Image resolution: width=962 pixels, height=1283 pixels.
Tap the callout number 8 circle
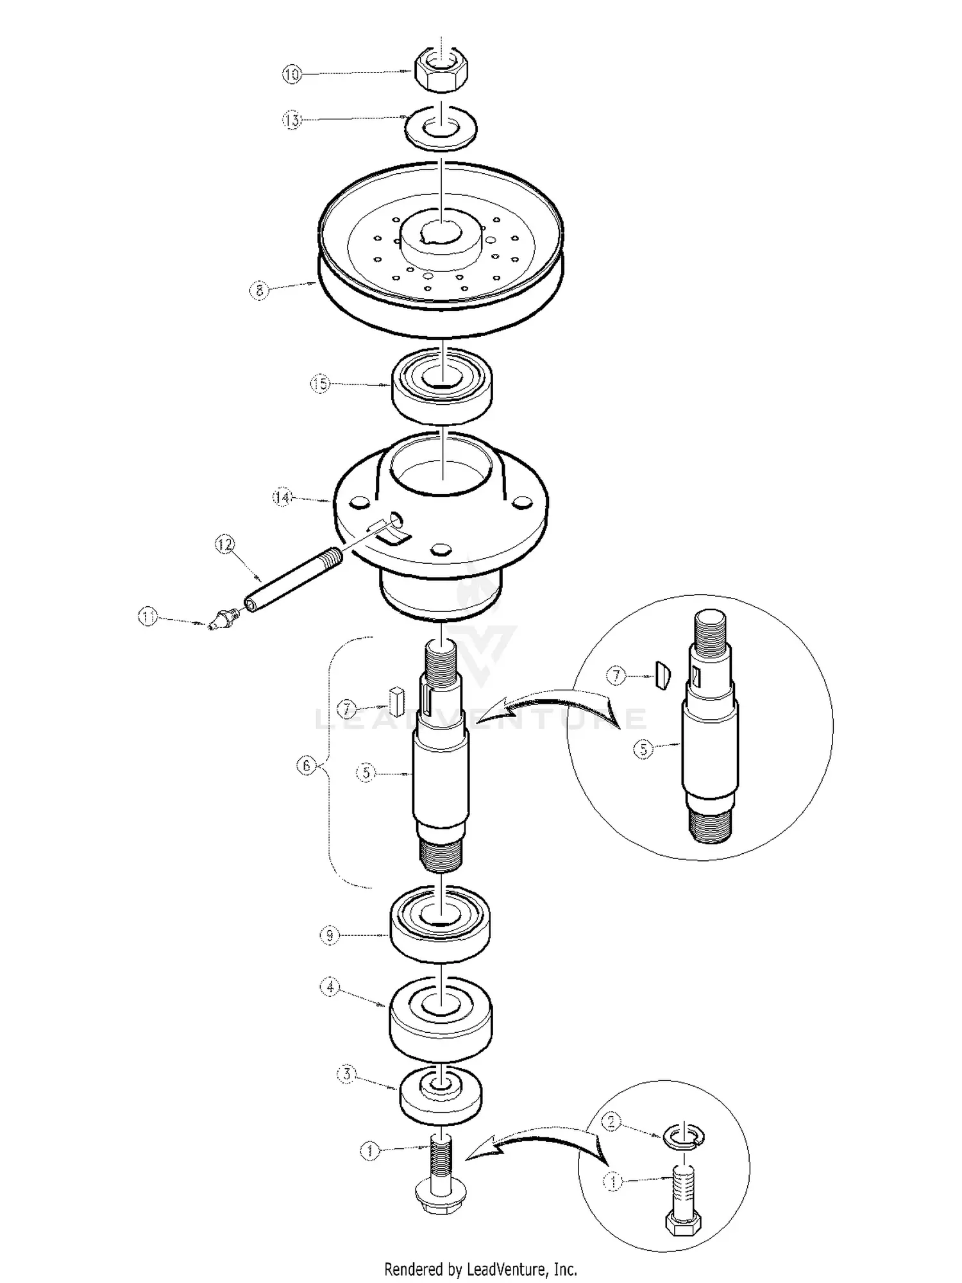pyautogui.click(x=258, y=291)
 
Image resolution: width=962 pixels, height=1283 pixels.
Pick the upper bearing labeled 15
pyautogui.click(x=443, y=386)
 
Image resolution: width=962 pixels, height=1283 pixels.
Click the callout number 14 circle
pyautogui.click(x=282, y=497)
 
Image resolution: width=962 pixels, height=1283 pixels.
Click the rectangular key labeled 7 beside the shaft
pyautogui.click(x=396, y=701)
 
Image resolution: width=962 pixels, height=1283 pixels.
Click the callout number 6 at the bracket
pyautogui.click(x=307, y=765)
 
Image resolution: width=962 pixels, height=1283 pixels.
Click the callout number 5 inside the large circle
pyautogui.click(x=643, y=749)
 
